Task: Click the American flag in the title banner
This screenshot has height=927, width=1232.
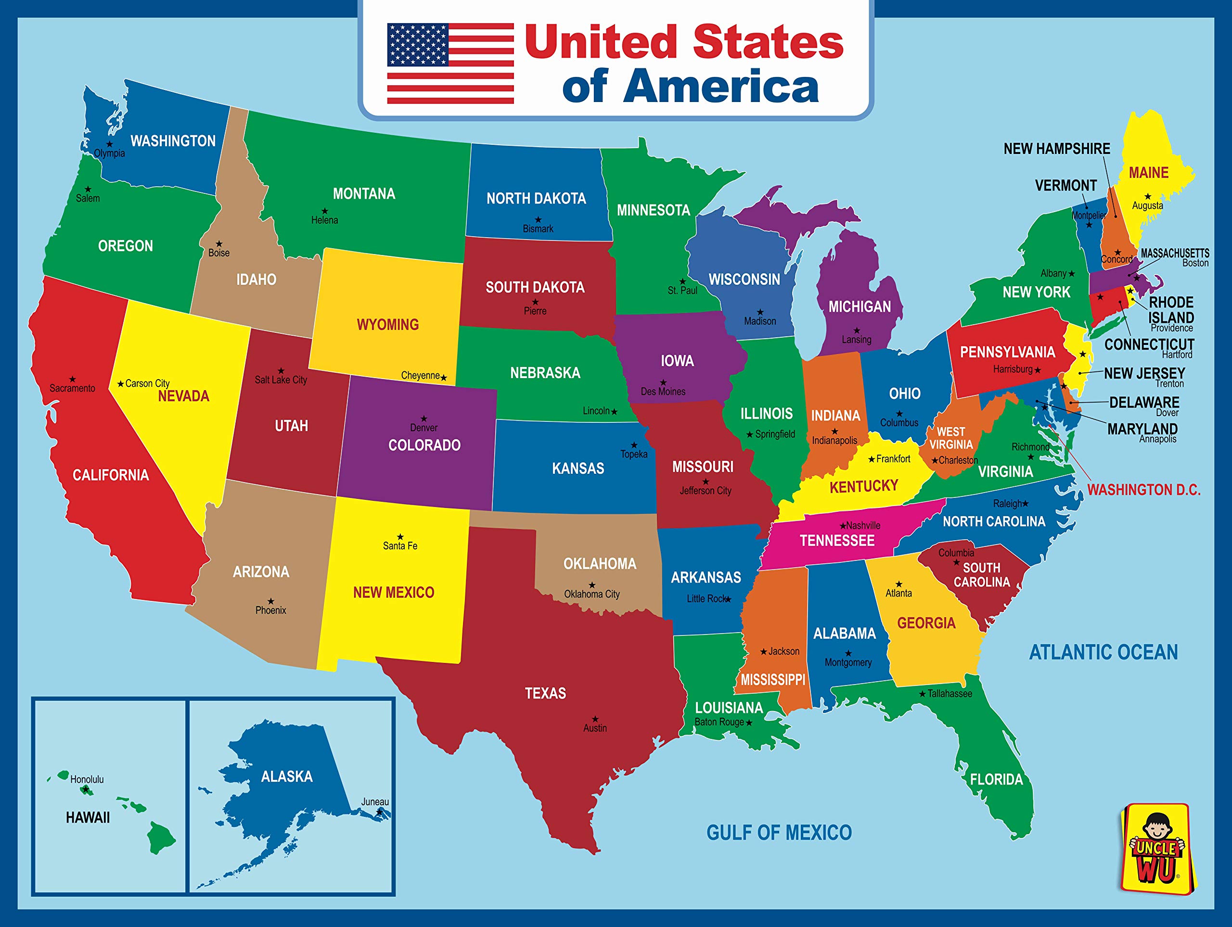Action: [x=450, y=63]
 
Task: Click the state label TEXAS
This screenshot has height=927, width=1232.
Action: [x=545, y=693]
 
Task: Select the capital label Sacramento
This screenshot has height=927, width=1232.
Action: [x=72, y=388]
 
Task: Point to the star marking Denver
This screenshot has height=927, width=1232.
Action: [x=424, y=418]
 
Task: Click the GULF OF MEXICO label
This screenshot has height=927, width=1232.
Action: [x=779, y=832]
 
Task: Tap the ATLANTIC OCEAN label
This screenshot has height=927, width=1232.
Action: [x=1103, y=652]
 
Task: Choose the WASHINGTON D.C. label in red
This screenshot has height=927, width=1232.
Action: [x=1143, y=490]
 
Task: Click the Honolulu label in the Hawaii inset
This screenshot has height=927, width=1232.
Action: [x=87, y=779]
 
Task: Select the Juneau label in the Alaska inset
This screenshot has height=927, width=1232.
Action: [x=375, y=802]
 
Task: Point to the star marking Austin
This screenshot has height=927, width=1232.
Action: [x=595, y=719]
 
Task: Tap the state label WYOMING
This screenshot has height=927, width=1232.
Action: [x=387, y=325]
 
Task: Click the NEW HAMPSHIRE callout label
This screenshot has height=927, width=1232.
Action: [x=1056, y=149]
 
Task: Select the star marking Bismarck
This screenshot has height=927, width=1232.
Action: [x=538, y=219]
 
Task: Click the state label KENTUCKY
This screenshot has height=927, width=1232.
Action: [x=863, y=487]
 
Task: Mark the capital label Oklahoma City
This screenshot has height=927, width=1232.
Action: [x=591, y=594]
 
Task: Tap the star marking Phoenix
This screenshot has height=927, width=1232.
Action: [x=270, y=601]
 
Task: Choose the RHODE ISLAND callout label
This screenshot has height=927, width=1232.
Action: [x=1171, y=309]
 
